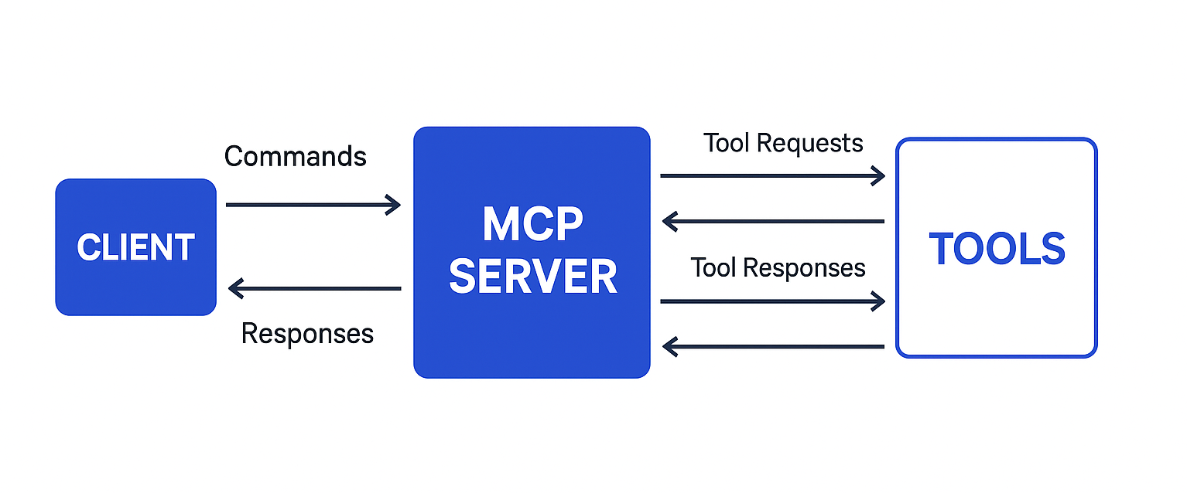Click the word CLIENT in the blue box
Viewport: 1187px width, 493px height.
(x=135, y=248)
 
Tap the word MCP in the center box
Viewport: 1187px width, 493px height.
(x=532, y=224)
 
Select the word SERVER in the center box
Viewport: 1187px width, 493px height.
(x=532, y=276)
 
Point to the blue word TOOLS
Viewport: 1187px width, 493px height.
(x=997, y=249)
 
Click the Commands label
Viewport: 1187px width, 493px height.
(x=295, y=157)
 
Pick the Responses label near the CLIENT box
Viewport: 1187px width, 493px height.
(x=307, y=333)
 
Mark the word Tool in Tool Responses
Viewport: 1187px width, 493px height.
(x=714, y=267)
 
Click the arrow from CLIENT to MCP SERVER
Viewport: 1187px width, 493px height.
(x=313, y=205)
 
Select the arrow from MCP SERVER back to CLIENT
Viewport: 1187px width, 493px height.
(x=314, y=289)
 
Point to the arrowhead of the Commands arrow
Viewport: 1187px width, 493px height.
(x=394, y=205)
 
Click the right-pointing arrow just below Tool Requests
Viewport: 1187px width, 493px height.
(x=771, y=176)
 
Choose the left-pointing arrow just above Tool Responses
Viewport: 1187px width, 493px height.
(x=773, y=222)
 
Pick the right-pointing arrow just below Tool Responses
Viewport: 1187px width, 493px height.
(x=771, y=301)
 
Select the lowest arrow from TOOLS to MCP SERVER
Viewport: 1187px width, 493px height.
(x=773, y=347)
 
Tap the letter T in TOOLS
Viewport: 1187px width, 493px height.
(x=943, y=249)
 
